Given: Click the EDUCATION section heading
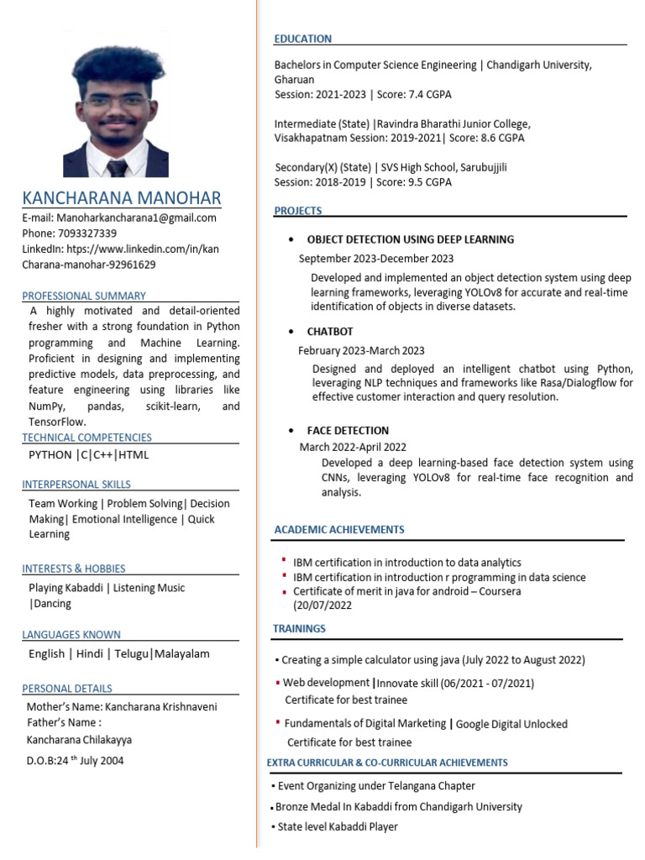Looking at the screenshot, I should [303, 39].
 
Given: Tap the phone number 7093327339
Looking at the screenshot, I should [87, 233].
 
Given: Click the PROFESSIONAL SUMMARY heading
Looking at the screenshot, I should [84, 296].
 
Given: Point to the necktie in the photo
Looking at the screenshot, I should [117, 167].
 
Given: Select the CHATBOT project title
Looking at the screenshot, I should [330, 332].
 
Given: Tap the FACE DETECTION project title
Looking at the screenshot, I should [348, 430].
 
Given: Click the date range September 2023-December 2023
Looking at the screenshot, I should [376, 259].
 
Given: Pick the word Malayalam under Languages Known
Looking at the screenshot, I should [182, 653].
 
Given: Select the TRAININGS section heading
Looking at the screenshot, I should [299, 629].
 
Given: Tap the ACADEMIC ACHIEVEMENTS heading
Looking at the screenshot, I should [339, 530].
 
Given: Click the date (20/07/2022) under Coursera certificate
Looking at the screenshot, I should [322, 606].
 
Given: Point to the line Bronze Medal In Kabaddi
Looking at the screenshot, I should [400, 806].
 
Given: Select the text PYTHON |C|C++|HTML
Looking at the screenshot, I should [88, 455].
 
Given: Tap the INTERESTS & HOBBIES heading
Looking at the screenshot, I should [74, 569].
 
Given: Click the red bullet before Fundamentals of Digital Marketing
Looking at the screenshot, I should [278, 722].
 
